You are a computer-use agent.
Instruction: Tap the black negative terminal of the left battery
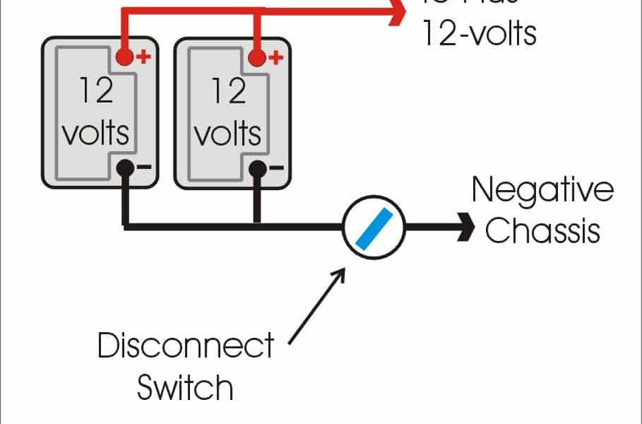[x=125, y=168]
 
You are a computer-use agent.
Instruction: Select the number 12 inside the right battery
[x=228, y=92]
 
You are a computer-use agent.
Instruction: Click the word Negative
[x=542, y=191]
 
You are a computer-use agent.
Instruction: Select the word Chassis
[x=542, y=230]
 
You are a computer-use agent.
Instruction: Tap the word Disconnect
[x=185, y=346]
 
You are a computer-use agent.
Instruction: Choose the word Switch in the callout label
[x=185, y=387]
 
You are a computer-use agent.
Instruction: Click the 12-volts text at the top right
[x=479, y=33]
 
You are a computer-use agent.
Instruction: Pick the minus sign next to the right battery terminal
[x=276, y=168]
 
